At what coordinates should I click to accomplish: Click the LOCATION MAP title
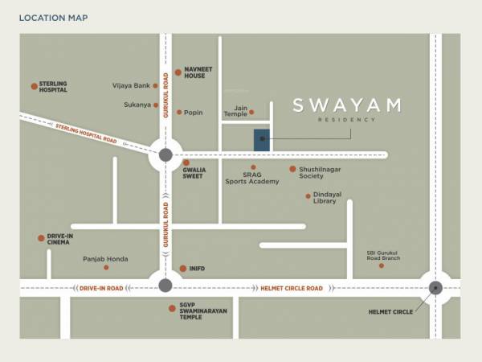point(54,18)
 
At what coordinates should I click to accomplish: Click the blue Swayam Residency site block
point(262,139)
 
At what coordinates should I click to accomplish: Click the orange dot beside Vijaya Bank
point(156,85)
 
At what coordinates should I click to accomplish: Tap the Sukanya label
point(137,105)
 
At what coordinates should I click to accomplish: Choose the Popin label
point(193,113)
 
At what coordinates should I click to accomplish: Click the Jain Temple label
point(235,111)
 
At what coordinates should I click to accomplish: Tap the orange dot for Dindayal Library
point(308,196)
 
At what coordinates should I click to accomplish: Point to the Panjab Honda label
point(105,259)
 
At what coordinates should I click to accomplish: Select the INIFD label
point(198,269)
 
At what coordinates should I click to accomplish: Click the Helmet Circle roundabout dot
point(435,287)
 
